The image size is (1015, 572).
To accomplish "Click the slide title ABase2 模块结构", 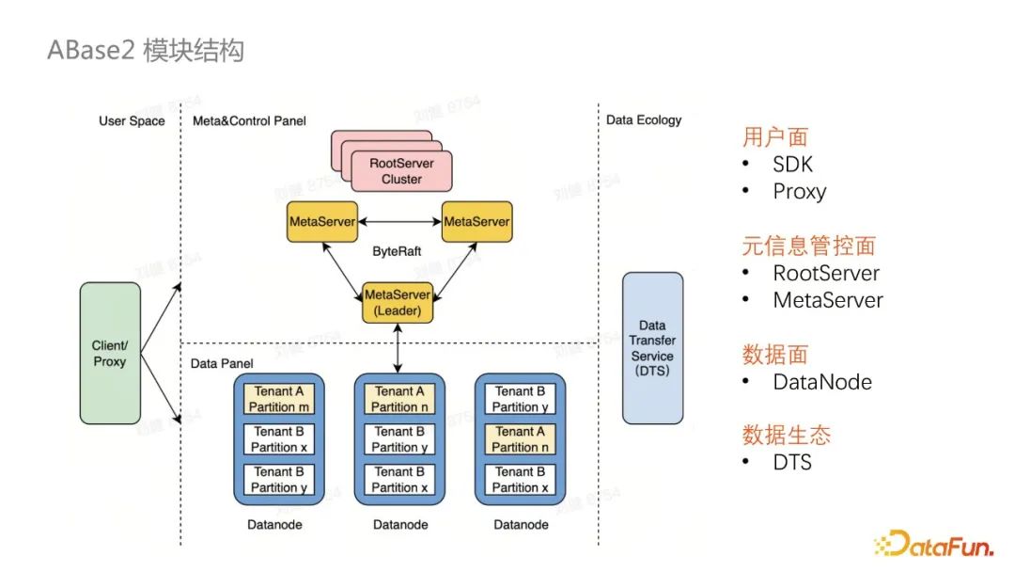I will [146, 49].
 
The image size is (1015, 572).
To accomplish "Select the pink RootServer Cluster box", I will [401, 171].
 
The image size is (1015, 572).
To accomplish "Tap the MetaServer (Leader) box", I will [398, 302].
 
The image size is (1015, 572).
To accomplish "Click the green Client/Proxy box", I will [110, 353].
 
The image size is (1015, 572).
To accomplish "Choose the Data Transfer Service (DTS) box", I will [652, 348].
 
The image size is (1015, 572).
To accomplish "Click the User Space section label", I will [132, 120].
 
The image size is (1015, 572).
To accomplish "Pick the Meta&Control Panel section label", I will [249, 120].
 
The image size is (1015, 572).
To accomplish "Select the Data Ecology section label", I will [644, 120].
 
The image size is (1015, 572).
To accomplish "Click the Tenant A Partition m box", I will [278, 399].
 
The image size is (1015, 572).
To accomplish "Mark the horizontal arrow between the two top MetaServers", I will [399, 222].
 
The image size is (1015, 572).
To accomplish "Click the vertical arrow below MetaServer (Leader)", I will [399, 347].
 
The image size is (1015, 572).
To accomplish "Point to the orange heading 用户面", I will [775, 137].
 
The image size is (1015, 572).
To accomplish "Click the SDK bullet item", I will [792, 165].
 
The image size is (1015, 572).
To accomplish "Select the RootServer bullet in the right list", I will [825, 274].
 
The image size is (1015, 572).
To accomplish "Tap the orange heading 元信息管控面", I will [809, 246].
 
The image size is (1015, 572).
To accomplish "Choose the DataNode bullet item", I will [821, 382].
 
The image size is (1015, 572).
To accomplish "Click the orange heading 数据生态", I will [787, 436].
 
